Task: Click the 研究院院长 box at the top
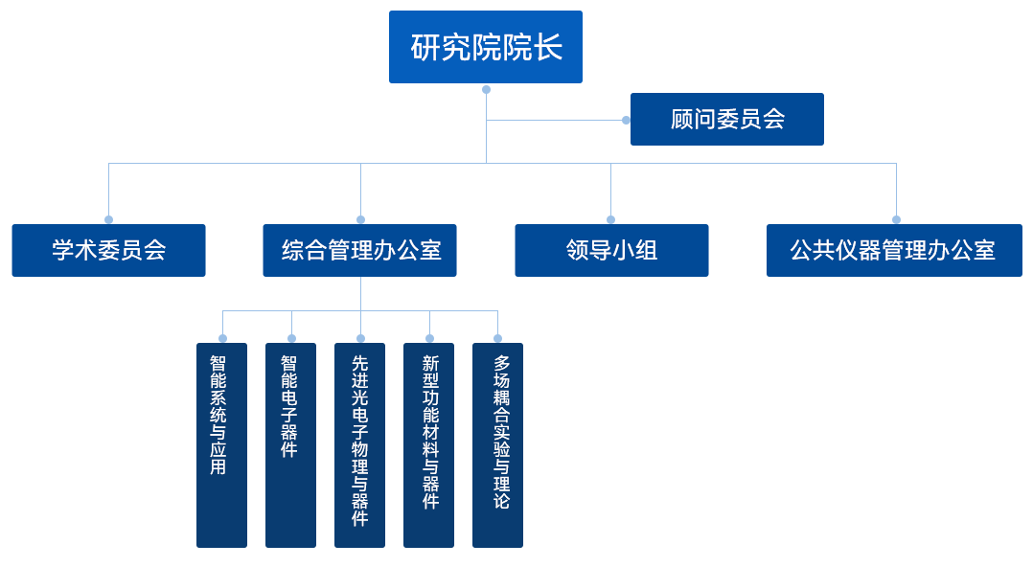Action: tap(485, 47)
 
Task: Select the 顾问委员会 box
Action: tap(726, 119)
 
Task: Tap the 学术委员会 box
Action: tap(109, 250)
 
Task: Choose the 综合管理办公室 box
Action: tap(359, 250)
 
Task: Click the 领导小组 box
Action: tap(611, 250)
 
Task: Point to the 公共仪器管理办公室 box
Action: tap(893, 250)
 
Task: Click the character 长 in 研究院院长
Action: tap(548, 47)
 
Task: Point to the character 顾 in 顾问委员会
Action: tap(681, 120)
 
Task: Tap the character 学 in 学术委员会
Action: tap(63, 251)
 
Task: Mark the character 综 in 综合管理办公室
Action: tap(292, 251)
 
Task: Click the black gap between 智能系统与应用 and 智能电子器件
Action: tap(256, 441)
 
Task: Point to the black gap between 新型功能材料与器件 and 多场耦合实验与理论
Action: tap(463, 441)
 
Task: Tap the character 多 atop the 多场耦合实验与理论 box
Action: tap(501, 364)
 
